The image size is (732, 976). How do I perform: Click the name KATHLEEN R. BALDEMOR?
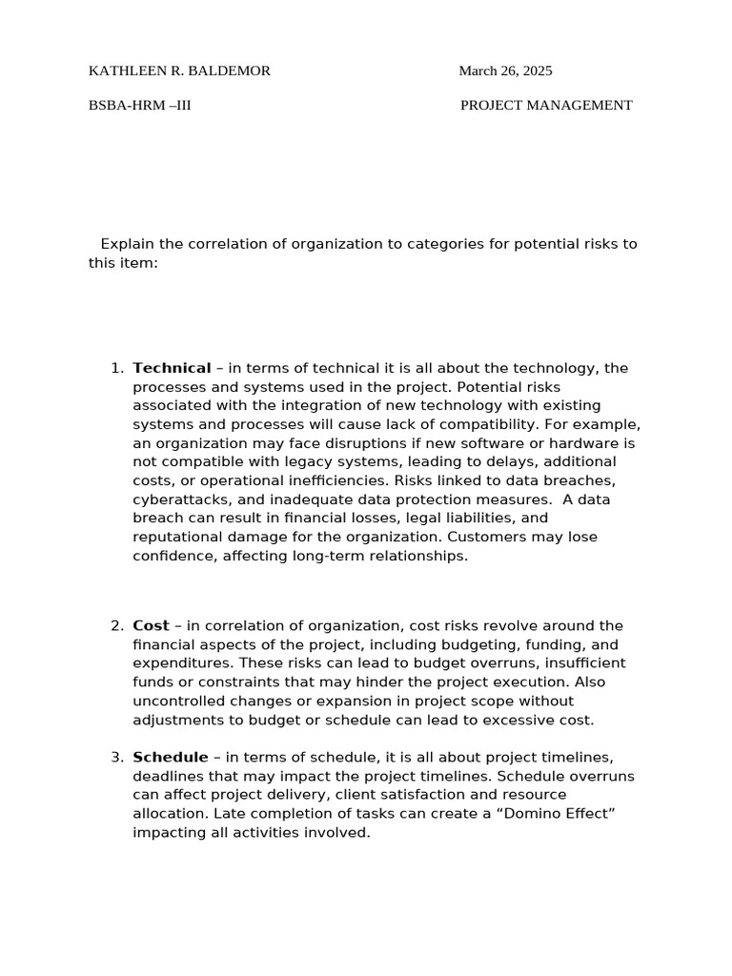click(179, 71)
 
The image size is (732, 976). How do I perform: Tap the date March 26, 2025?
click(505, 71)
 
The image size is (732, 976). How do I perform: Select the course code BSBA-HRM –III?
click(140, 105)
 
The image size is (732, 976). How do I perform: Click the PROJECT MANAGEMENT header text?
click(546, 105)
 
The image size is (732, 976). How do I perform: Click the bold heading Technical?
click(172, 368)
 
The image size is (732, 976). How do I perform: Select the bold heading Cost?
click(151, 625)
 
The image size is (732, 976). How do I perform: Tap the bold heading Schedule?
click(171, 757)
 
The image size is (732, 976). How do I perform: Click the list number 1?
click(116, 368)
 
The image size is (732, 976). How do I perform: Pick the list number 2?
click(116, 625)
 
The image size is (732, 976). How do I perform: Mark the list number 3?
click(116, 757)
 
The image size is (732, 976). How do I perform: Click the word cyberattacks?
click(178, 499)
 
